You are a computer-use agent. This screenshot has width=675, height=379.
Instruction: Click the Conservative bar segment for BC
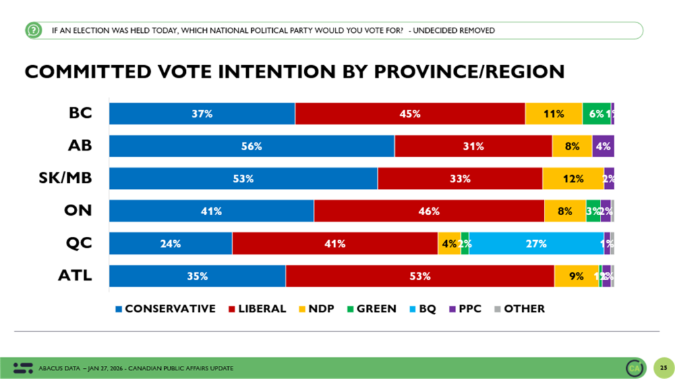pyautogui.click(x=202, y=114)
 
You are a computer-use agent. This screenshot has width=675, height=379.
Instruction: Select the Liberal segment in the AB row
pyautogui.click(x=473, y=146)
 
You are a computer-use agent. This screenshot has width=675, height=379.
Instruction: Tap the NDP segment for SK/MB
pyautogui.click(x=573, y=178)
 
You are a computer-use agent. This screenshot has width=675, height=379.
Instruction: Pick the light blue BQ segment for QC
pyautogui.click(x=536, y=243)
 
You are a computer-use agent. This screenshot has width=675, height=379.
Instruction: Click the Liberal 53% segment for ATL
pyautogui.click(x=419, y=276)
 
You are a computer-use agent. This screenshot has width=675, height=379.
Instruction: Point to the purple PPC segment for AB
pyautogui.click(x=603, y=146)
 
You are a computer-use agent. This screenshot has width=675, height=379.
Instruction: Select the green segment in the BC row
pyautogui.click(x=596, y=114)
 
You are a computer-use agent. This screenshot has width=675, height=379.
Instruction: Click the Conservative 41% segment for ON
pyautogui.click(x=211, y=211)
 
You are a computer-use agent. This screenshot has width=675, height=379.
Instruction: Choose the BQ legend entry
pyautogui.click(x=422, y=308)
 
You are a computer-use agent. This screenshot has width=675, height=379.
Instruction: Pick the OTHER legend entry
pyautogui.click(x=519, y=308)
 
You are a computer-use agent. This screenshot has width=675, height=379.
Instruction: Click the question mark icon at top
pyautogui.click(x=32, y=30)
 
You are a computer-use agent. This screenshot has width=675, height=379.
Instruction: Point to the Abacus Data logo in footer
pyautogui.click(x=22, y=366)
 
